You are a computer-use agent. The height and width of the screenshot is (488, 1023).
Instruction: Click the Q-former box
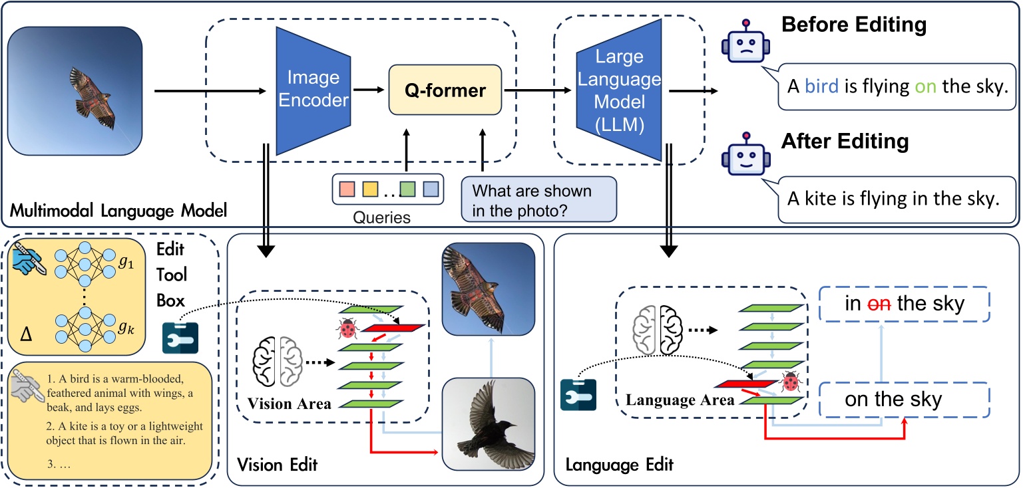(x=445, y=90)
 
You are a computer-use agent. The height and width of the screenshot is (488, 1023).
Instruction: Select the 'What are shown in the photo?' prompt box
(x=538, y=199)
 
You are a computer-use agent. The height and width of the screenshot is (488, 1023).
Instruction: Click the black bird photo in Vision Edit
(x=489, y=424)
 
